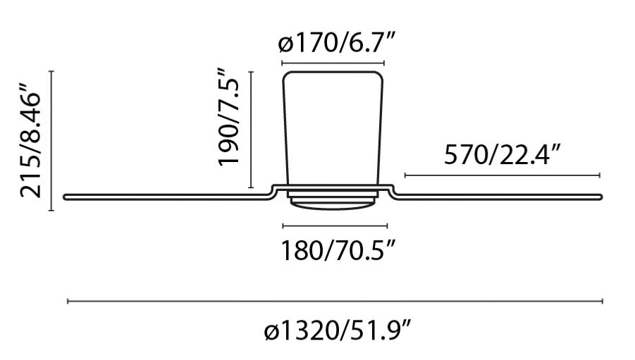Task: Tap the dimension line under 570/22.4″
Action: (501, 175)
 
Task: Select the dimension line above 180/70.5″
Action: (335, 226)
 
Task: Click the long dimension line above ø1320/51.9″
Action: (335, 302)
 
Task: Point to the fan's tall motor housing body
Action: (333, 127)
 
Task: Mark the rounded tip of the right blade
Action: (600, 197)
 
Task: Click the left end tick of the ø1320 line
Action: (68, 302)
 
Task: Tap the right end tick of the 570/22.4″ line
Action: (599, 175)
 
